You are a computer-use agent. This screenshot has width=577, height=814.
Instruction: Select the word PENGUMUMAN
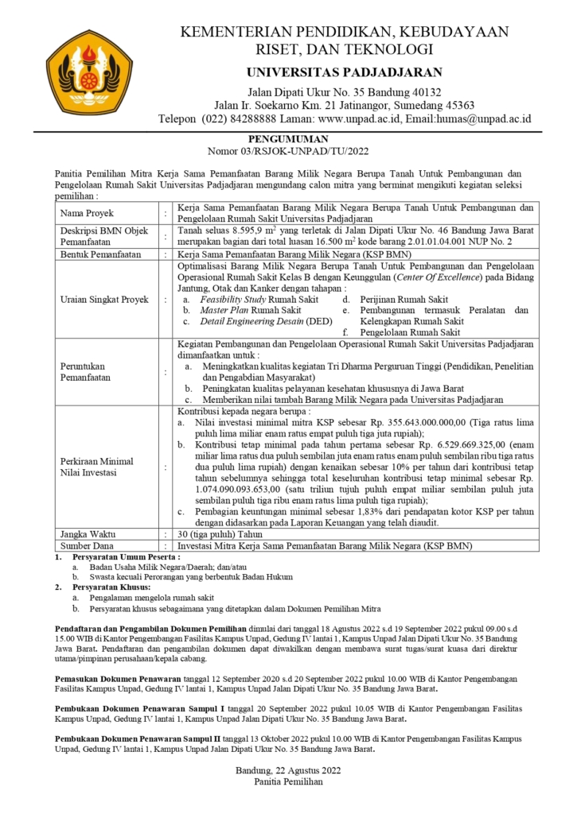point(287,138)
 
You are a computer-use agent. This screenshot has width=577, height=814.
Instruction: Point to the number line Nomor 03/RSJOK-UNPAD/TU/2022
point(287,149)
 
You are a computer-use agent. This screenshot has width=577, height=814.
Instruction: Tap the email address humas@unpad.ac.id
point(468,118)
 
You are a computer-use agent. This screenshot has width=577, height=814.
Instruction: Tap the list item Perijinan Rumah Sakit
point(406,299)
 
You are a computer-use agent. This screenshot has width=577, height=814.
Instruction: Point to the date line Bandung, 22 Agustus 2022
point(288,769)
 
